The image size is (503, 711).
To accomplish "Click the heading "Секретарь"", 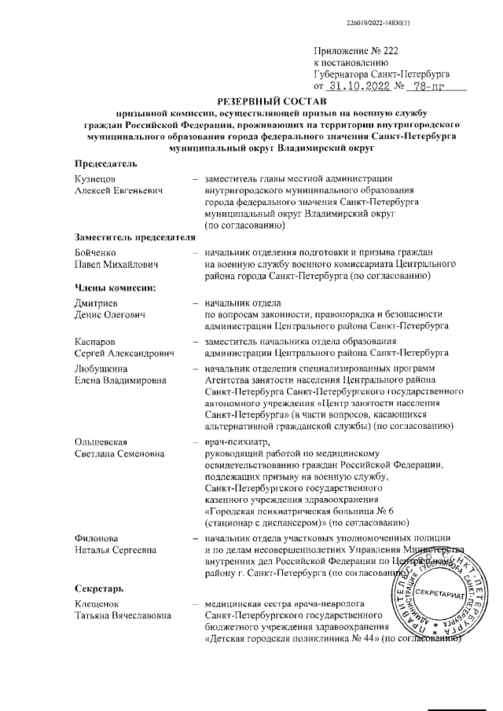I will pos(98,588).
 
